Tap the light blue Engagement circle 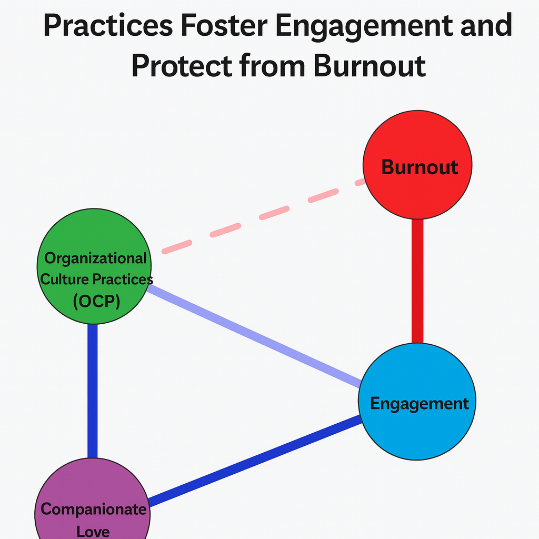pyautogui.click(x=417, y=426)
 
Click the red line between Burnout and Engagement pyautogui.click(x=417, y=282)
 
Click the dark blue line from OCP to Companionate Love pyautogui.click(x=93, y=390)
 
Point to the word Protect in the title pyautogui.click(x=182, y=66)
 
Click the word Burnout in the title pyautogui.click(x=368, y=66)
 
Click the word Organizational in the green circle pyautogui.click(x=96, y=258)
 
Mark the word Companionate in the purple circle pyautogui.click(x=94, y=509)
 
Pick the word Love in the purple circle pyautogui.click(x=93, y=530)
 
